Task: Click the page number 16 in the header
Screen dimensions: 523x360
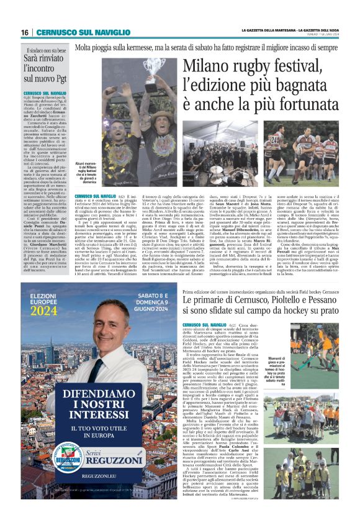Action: click(x=24, y=32)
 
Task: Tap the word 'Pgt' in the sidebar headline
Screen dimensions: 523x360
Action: click(x=56, y=79)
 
